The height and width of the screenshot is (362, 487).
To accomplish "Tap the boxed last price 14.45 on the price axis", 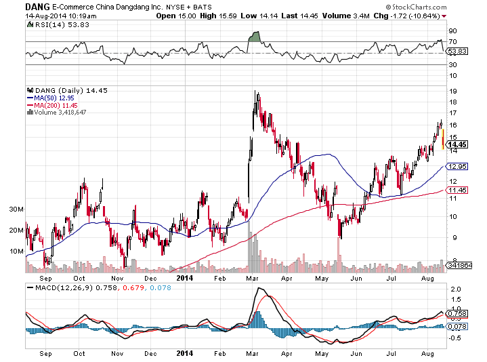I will [459, 144].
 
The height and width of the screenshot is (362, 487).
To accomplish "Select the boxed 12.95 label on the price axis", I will [459, 166].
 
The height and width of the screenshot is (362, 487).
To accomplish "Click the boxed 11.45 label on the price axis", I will [459, 190].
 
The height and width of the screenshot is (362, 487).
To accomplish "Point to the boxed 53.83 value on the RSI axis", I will [459, 51].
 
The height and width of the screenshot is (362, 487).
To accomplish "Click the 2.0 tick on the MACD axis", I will [455, 289].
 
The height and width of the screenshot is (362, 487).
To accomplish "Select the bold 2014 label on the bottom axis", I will [184, 353].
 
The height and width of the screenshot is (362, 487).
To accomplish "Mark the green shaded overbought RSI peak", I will [255, 37].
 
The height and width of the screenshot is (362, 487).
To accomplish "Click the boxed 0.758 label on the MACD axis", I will [459, 313].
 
